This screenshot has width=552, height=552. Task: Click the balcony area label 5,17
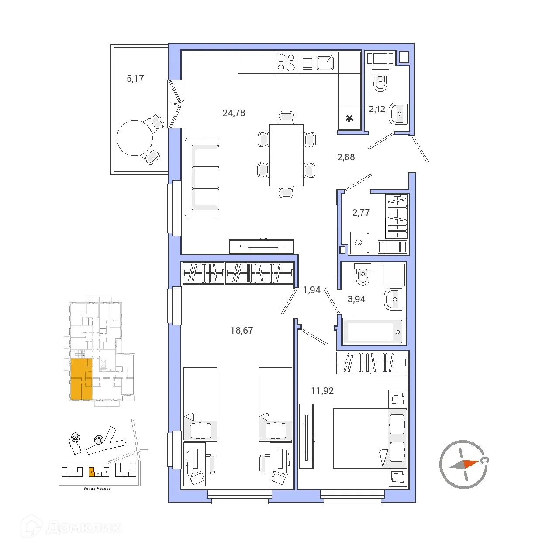pyautogui.click(x=135, y=79)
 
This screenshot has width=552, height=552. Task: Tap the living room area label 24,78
pyautogui.click(x=234, y=113)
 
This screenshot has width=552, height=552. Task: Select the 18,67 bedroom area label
pyautogui.click(x=241, y=331)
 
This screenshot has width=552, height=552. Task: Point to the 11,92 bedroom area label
pyautogui.click(x=322, y=391)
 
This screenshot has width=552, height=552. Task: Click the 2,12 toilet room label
pyautogui.click(x=376, y=109)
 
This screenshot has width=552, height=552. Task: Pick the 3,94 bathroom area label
pyautogui.click(x=356, y=299)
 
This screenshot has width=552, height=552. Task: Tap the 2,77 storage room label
pyautogui.click(x=361, y=213)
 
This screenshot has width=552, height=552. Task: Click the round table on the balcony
pyautogui.click(x=135, y=138)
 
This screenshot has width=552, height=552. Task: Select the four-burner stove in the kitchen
pyautogui.click(x=286, y=62)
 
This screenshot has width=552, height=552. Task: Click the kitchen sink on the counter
pyautogui.click(x=325, y=63)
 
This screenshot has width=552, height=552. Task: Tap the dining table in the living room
pyautogui.click(x=286, y=155)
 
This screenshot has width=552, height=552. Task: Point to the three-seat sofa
pyautogui.click(x=202, y=177)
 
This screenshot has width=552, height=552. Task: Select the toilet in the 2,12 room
pyautogui.click(x=380, y=80)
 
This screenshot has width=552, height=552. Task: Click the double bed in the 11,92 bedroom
pyautogui.click(x=362, y=438)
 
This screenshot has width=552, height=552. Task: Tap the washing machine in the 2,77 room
pyautogui.click(x=359, y=242)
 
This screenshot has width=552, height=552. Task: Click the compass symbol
pyautogui.click(x=463, y=464)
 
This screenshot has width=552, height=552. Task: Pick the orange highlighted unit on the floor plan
pyautogui.click(x=81, y=379)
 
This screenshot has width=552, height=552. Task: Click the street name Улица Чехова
pyautogui.click(x=97, y=489)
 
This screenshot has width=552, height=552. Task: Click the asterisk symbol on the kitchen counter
pyautogui.click(x=349, y=118)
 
